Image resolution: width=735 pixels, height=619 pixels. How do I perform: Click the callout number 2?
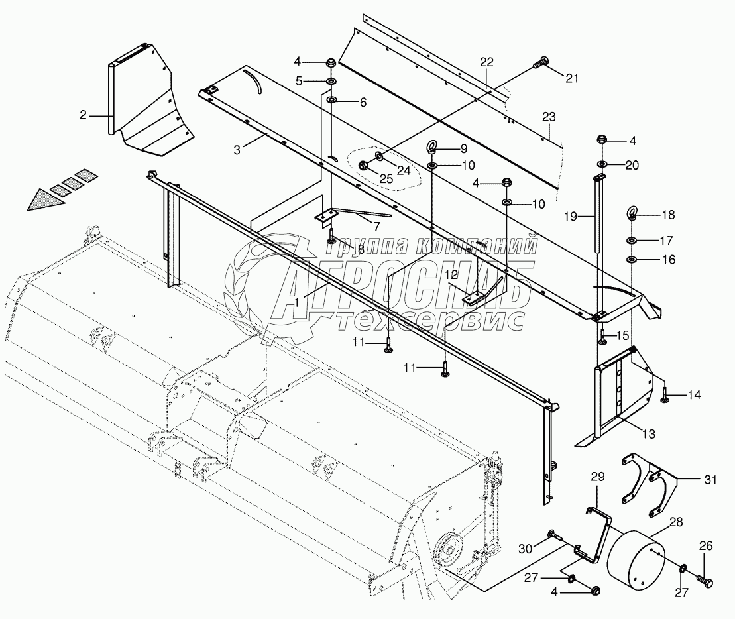coord(83,115)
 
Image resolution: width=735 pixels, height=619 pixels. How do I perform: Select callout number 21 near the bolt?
coord(571,78)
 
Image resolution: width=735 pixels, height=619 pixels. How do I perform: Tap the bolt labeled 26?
coord(707,581)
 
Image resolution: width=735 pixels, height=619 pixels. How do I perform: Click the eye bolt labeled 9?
coord(431,147)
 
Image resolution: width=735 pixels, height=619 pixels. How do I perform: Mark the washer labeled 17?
coord(632,240)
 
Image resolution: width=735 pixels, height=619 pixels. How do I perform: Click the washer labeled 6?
coord(330,101)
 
